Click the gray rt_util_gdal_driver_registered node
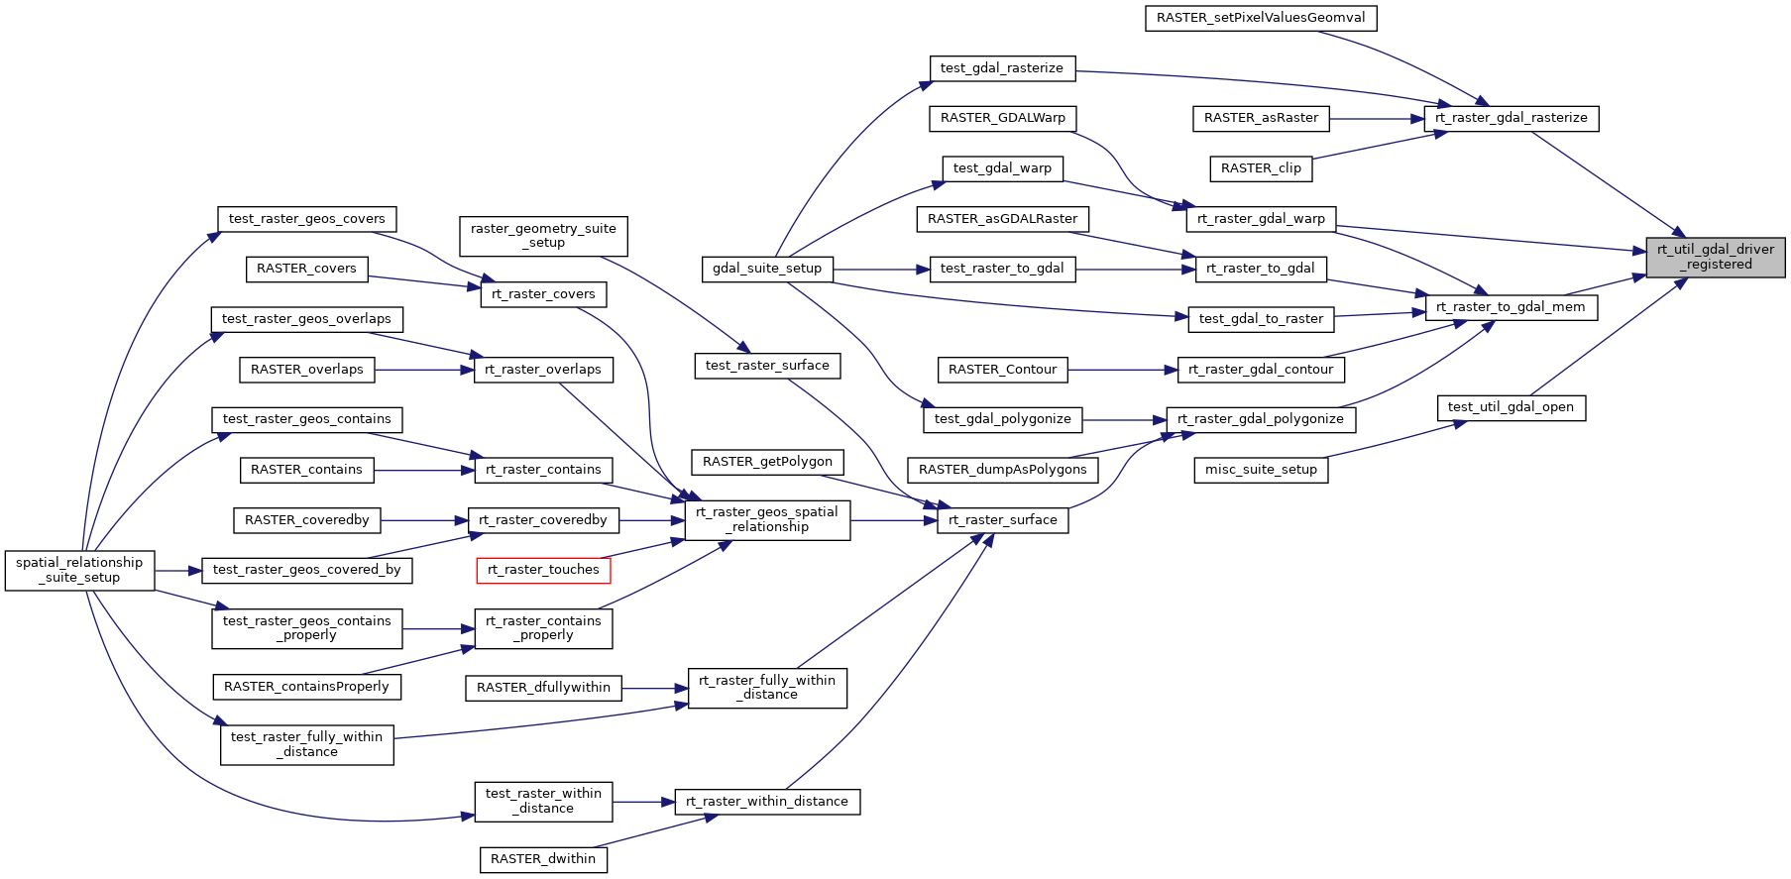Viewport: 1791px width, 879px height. click(x=1715, y=257)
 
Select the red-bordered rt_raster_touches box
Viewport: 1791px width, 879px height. click(x=543, y=570)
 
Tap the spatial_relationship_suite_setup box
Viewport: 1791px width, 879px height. click(x=79, y=570)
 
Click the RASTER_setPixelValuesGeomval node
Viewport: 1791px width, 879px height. click(x=1261, y=18)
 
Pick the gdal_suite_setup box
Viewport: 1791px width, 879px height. click(x=767, y=269)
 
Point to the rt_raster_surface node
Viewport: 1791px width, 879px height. click(x=1002, y=520)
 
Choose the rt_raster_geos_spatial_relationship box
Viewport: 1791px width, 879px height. click(x=767, y=520)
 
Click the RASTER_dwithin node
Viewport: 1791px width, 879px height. click(x=543, y=859)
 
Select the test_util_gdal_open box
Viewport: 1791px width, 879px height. click(x=1511, y=407)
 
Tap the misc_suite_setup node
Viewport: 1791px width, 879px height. click(x=1261, y=470)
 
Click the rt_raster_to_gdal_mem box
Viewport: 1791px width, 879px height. click(x=1511, y=307)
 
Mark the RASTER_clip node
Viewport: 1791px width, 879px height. click(x=1261, y=168)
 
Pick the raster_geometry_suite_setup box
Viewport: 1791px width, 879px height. click(x=543, y=236)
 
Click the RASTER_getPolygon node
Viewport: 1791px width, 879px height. click(x=767, y=462)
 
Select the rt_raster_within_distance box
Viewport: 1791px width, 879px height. click(x=767, y=802)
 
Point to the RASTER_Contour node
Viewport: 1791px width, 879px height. click(x=1002, y=370)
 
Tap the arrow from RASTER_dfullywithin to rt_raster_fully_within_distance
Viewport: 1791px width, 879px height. click(x=655, y=688)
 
